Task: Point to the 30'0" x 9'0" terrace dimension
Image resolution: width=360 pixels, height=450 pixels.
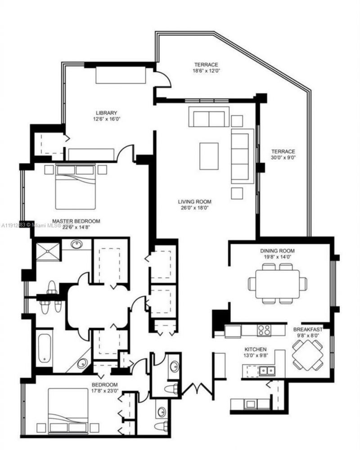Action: coord(283,158)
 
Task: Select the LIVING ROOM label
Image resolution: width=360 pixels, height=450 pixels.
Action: coord(194,202)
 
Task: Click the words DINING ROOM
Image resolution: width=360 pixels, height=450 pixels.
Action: coord(277,250)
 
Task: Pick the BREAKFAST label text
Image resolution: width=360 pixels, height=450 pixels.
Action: coord(308,330)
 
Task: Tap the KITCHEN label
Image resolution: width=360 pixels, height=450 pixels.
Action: coord(256,349)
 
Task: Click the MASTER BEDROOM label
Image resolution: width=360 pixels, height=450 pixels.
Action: coord(76,221)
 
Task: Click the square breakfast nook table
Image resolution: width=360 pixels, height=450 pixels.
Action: coord(308,355)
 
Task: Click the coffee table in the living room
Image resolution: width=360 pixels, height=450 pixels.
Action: coord(209,156)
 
